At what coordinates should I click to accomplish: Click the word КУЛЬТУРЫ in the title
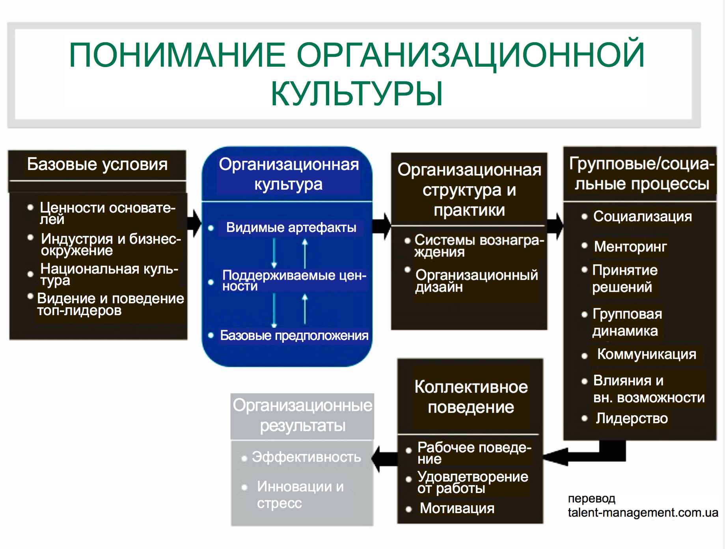click(x=356, y=94)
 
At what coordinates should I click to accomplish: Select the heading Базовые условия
click(x=97, y=164)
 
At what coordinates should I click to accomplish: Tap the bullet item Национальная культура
click(x=109, y=274)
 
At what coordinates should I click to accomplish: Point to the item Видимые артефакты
click(x=291, y=228)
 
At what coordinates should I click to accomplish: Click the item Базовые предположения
click(x=294, y=336)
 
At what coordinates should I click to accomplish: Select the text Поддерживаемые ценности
click(x=294, y=280)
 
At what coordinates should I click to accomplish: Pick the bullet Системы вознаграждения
click(x=479, y=245)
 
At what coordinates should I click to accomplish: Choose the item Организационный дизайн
click(x=476, y=280)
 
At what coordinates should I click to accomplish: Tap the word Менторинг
click(x=630, y=246)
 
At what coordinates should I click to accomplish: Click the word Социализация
click(x=642, y=217)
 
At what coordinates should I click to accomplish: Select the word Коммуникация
click(x=646, y=354)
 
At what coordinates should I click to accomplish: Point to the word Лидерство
click(x=632, y=418)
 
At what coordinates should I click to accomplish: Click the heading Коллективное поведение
click(x=471, y=397)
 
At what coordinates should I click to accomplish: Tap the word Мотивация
click(x=457, y=508)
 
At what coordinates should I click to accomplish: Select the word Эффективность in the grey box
click(x=306, y=457)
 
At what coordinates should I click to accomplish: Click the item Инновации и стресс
click(x=300, y=495)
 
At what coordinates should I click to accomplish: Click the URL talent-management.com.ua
click(x=643, y=512)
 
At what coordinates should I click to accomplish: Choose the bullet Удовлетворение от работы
click(x=472, y=482)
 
